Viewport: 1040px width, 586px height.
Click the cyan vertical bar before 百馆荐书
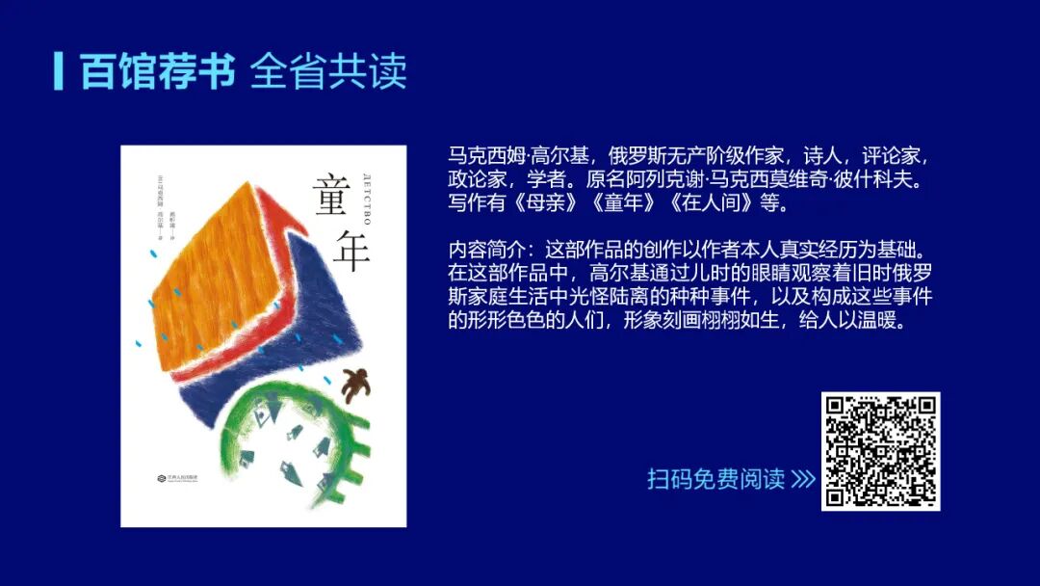(x=59, y=70)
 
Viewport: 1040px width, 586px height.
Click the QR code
(x=880, y=451)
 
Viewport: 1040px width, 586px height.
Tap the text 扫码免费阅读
(x=715, y=479)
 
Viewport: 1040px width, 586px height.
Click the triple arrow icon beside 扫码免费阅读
(x=803, y=479)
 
